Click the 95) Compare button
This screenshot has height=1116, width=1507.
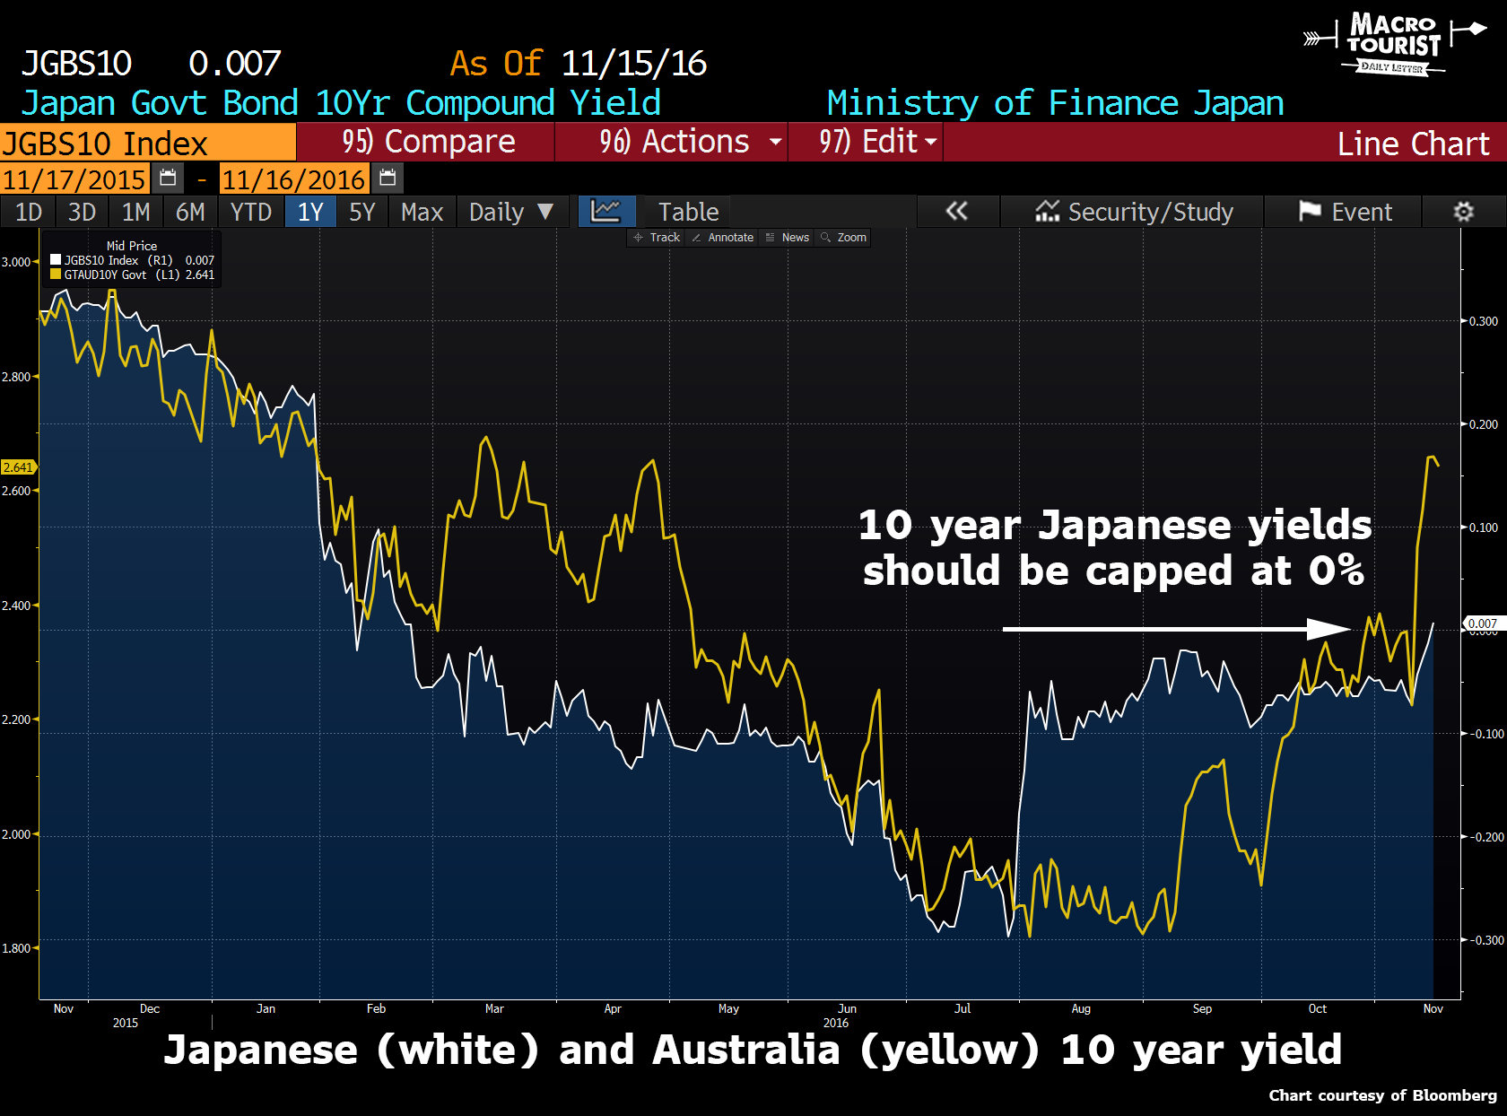(428, 142)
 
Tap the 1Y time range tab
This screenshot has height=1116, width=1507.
(310, 213)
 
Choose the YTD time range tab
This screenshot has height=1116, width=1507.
(250, 213)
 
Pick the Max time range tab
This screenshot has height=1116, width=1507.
(422, 213)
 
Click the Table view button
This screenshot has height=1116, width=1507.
(688, 213)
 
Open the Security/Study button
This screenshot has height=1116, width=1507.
(1135, 213)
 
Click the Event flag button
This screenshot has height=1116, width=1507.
(1346, 213)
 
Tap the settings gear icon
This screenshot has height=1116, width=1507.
(1463, 213)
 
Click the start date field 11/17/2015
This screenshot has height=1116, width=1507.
(74, 179)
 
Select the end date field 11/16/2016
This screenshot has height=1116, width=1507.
(293, 179)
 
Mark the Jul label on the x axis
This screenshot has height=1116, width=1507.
(963, 1009)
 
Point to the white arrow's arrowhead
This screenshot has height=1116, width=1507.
(1331, 629)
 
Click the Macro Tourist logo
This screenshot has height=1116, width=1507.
(1393, 42)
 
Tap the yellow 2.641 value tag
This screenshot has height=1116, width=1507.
(18, 467)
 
